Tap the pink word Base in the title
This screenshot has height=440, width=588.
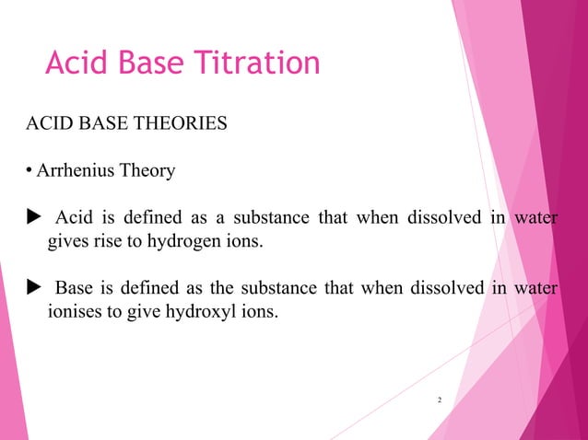point(154,63)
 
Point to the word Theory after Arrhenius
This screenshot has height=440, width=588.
point(144,171)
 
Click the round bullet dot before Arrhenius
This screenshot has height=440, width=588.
point(29,171)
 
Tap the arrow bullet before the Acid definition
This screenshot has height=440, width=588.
point(30,219)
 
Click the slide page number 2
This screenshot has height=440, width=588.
point(440,400)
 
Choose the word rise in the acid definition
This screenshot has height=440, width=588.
point(108,243)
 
